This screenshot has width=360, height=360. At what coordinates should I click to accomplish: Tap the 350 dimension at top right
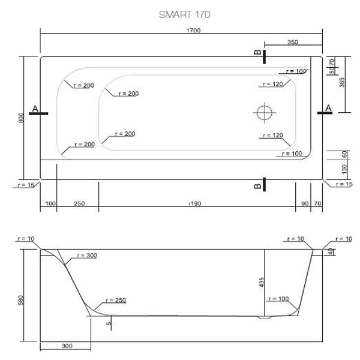(x=292, y=42)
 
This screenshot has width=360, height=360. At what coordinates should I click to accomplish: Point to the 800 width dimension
(x=22, y=118)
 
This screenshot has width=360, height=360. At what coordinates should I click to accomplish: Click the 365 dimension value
(x=342, y=82)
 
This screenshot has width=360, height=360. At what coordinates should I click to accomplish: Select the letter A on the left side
(x=35, y=108)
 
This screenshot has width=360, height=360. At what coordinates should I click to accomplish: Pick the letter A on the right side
(x=328, y=107)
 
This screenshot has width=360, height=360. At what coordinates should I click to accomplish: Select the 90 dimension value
(x=305, y=204)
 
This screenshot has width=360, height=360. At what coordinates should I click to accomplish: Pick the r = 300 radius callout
(x=86, y=256)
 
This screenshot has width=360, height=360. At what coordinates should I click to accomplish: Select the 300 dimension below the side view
(x=67, y=347)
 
